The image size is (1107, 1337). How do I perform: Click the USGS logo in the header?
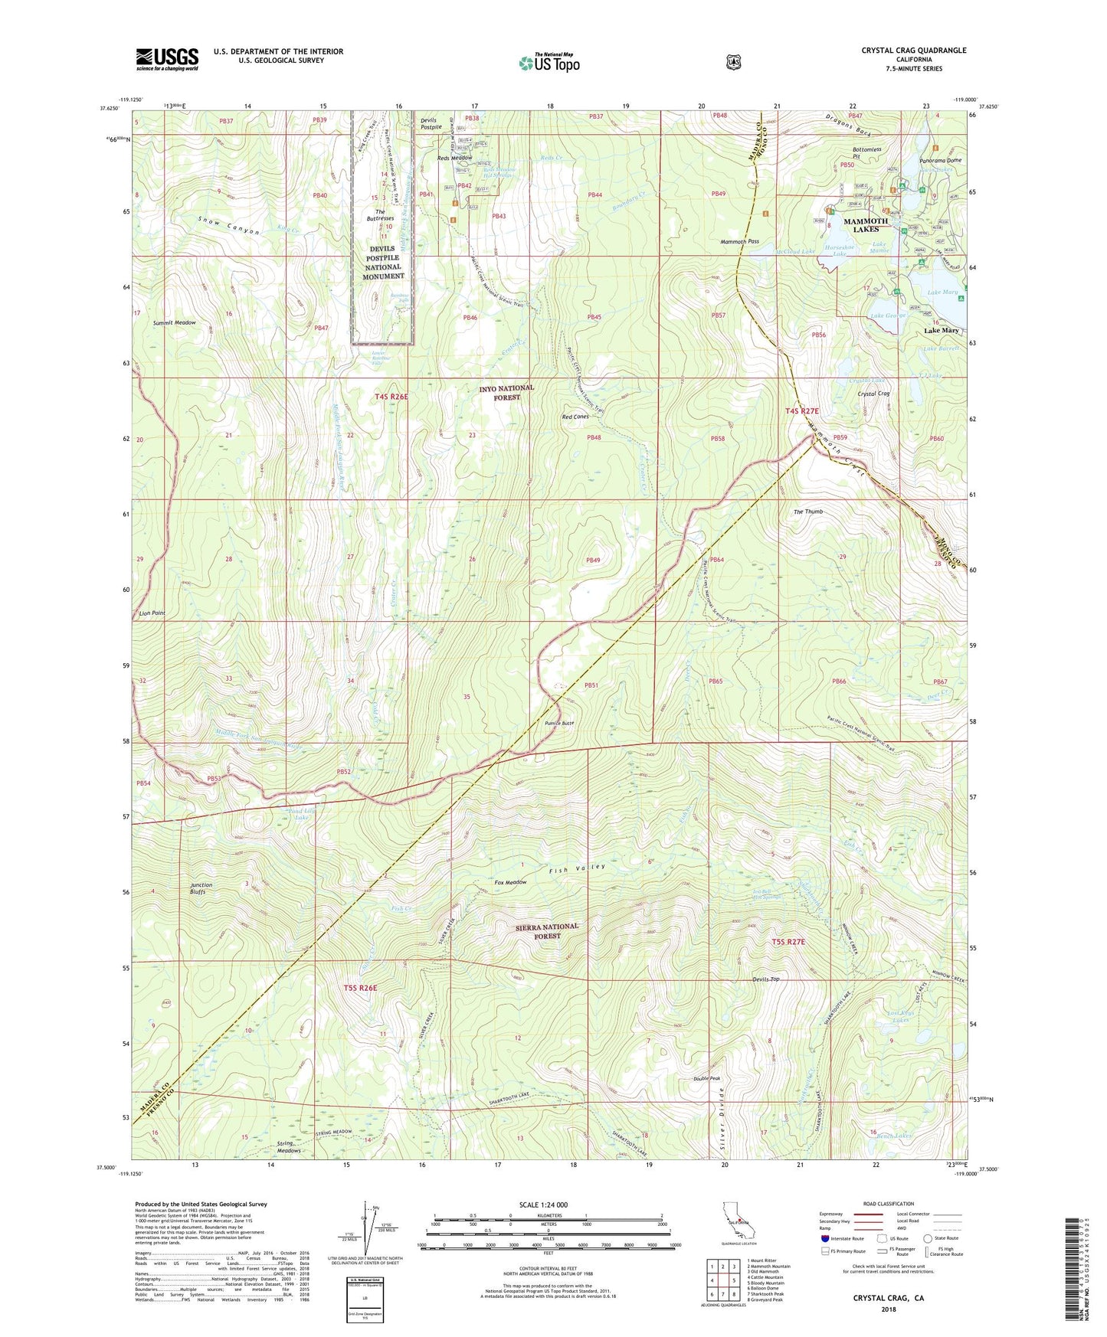tap(167, 59)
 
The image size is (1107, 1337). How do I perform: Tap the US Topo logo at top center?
tap(549, 62)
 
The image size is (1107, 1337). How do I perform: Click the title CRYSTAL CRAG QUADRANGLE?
tap(913, 51)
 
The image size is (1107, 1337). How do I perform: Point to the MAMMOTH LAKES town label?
tap(865, 225)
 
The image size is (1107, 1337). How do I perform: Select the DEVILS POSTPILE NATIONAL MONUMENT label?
tap(384, 263)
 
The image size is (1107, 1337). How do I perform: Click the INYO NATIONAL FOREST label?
tap(506, 393)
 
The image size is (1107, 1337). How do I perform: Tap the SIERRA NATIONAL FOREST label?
tap(547, 931)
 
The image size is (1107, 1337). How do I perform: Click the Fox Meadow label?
tap(510, 882)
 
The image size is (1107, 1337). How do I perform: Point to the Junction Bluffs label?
tap(201, 888)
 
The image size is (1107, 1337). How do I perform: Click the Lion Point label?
tap(152, 613)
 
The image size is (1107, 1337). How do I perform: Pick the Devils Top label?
tap(765, 979)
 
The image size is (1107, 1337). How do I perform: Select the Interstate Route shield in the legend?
tap(824, 1237)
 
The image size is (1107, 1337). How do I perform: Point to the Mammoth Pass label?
tap(740, 241)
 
